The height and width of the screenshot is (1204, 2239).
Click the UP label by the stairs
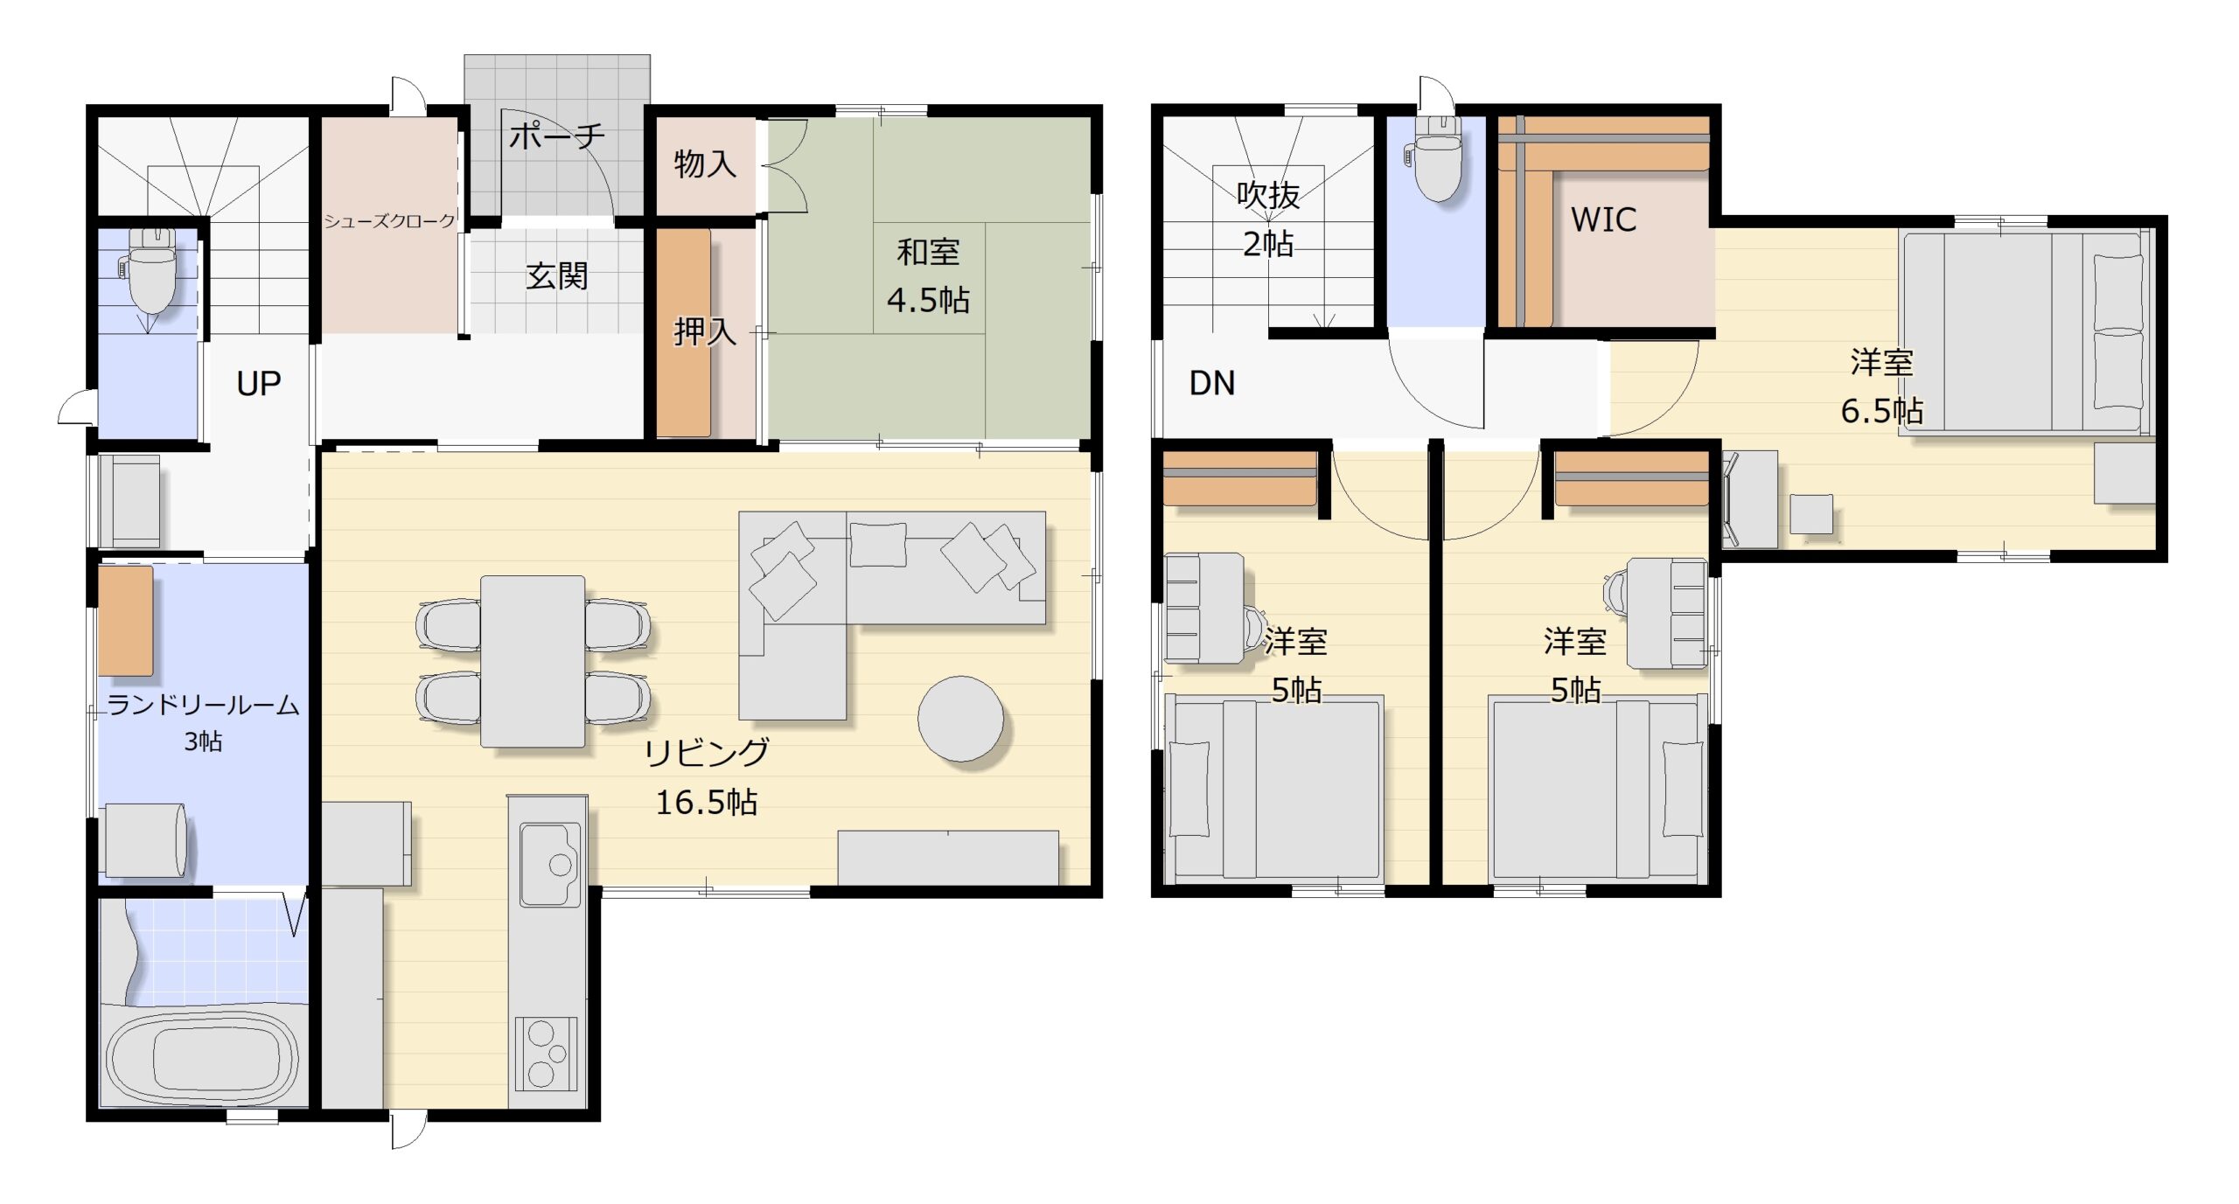(259, 384)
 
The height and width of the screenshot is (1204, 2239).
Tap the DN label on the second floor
(1212, 383)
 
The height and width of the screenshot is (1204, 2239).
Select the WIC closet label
(1604, 219)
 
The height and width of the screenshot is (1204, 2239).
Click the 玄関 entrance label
(557, 276)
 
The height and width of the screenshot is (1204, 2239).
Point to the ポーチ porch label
(557, 136)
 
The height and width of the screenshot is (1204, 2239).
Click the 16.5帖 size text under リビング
(707, 802)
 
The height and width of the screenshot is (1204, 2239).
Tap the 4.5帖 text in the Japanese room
(928, 300)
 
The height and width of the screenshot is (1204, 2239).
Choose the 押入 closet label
(705, 331)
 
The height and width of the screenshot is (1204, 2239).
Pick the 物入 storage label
(705, 164)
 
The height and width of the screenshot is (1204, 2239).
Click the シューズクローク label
(390, 221)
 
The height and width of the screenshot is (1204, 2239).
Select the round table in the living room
(960, 718)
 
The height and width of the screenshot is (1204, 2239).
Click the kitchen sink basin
(550, 864)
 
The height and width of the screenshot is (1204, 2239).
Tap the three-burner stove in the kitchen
(546, 1054)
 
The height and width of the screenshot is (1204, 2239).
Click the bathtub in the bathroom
(205, 1058)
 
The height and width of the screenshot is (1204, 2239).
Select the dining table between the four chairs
(533, 662)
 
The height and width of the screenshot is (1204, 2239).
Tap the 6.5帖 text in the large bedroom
(1881, 411)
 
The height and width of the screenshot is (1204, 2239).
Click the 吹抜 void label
(1268, 195)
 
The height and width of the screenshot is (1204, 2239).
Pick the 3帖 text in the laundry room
(203, 741)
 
